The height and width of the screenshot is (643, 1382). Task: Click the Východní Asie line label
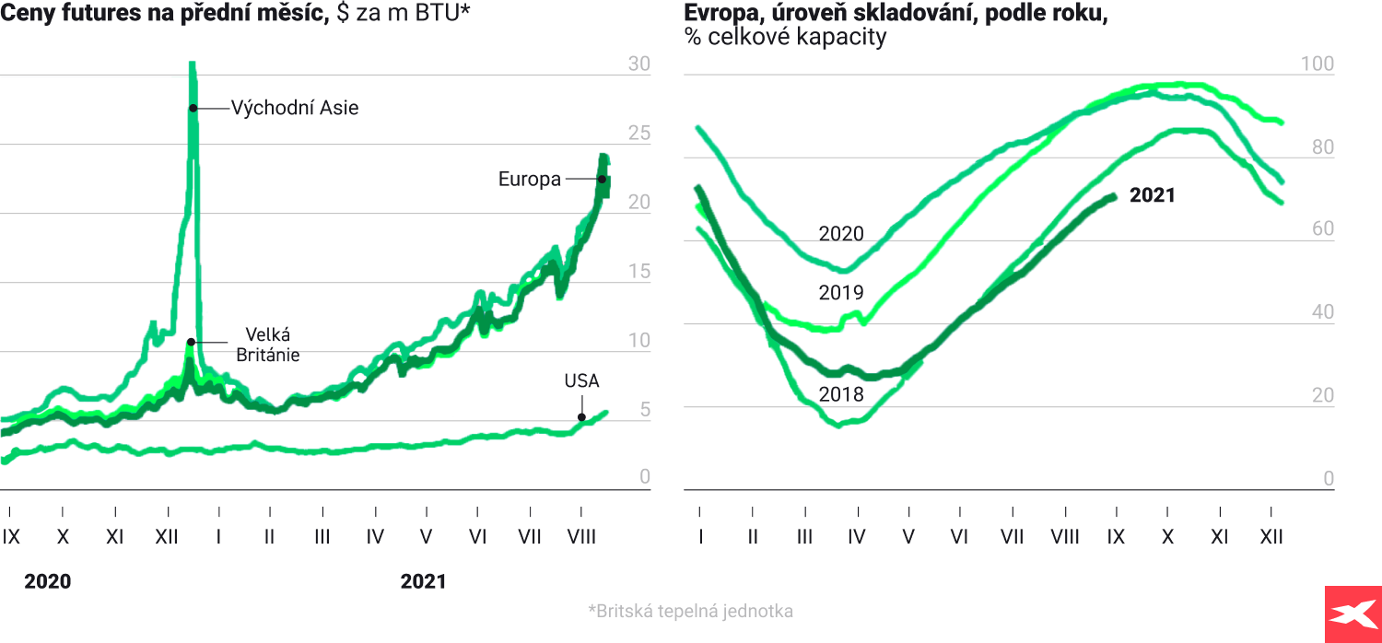(294, 108)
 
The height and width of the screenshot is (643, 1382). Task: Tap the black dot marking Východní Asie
(193, 108)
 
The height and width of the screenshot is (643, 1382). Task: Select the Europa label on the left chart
(530, 180)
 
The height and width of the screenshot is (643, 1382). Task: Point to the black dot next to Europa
(602, 180)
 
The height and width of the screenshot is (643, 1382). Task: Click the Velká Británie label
(267, 344)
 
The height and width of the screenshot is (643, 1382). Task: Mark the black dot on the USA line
(581, 417)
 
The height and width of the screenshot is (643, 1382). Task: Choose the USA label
(581, 380)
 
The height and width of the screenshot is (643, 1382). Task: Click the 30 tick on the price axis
(638, 64)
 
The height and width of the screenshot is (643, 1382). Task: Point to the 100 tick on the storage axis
(1316, 64)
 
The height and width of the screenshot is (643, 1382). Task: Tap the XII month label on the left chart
(167, 536)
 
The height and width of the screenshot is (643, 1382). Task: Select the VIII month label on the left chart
(581, 536)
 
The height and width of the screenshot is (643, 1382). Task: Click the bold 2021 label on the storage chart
(1153, 195)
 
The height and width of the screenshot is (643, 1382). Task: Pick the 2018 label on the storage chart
(841, 395)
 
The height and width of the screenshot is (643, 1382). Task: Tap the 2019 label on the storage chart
(841, 293)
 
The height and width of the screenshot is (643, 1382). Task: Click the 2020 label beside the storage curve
(841, 234)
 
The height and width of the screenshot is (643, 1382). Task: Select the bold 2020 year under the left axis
(47, 581)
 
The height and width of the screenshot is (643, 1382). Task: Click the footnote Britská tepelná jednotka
(690, 611)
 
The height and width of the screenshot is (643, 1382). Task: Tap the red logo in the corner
(1353, 614)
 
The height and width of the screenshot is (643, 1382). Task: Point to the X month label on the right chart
(1167, 536)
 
